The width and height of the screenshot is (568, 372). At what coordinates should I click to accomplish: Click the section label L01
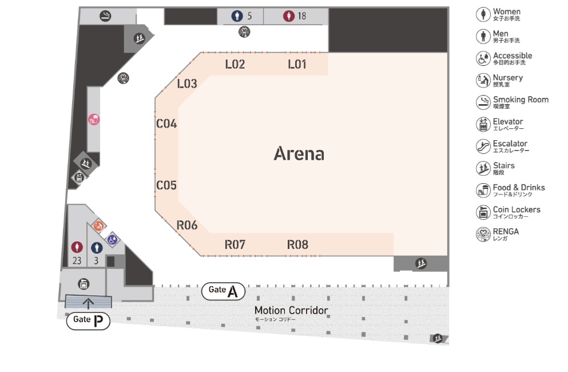pyautogui.click(x=297, y=65)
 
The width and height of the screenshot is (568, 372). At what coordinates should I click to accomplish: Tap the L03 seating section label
pyautogui.click(x=187, y=84)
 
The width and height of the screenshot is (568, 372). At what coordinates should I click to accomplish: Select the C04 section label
pyautogui.click(x=166, y=124)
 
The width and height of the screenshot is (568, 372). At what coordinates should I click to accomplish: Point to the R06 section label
pyautogui.click(x=187, y=225)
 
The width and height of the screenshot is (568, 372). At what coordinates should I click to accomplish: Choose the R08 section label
pyautogui.click(x=297, y=245)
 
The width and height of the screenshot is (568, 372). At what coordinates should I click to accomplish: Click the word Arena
pyautogui.click(x=299, y=153)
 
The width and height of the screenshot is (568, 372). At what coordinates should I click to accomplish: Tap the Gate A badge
pyautogui.click(x=223, y=291)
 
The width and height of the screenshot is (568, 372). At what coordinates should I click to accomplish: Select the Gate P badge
pyautogui.click(x=88, y=320)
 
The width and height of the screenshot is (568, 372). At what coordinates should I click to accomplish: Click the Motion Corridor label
pyautogui.click(x=291, y=311)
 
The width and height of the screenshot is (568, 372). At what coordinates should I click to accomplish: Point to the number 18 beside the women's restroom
pyautogui.click(x=301, y=16)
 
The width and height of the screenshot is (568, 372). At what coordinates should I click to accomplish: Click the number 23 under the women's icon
pyautogui.click(x=77, y=261)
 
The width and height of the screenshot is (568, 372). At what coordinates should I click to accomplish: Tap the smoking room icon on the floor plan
pyautogui.click(x=105, y=16)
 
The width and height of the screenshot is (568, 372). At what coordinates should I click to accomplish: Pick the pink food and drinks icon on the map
pyautogui.click(x=94, y=120)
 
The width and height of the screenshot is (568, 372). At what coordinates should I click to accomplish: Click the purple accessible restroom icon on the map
pyautogui.click(x=112, y=238)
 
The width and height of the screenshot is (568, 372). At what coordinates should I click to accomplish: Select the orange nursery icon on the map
pyautogui.click(x=98, y=225)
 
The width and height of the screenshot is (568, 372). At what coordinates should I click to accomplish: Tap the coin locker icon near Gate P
pyautogui.click(x=84, y=283)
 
